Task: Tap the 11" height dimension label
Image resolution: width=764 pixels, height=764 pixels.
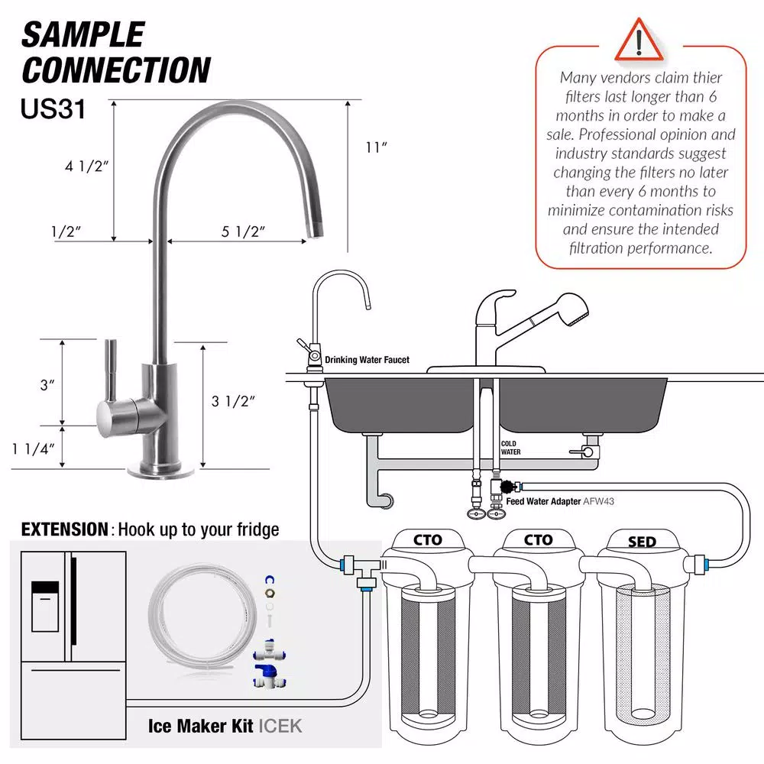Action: pos(377,147)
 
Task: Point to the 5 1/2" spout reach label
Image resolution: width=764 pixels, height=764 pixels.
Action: pos(243,232)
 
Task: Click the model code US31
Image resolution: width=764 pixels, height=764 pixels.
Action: pos(53,108)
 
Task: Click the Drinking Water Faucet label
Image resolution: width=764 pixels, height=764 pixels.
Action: pos(367,360)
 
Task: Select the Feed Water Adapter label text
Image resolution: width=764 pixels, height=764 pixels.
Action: pos(543,502)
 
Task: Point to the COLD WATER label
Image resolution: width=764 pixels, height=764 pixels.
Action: pos(510,447)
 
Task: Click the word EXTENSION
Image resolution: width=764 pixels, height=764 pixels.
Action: pos(65,529)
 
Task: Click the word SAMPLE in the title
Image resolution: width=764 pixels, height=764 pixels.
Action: pos(82,35)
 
